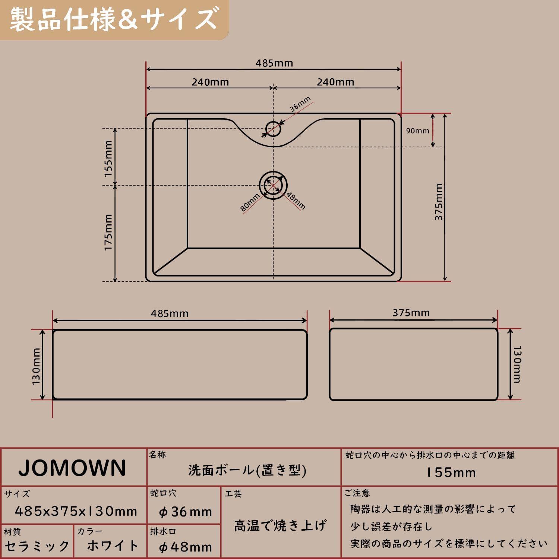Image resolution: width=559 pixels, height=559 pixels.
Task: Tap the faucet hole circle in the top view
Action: (x=273, y=129)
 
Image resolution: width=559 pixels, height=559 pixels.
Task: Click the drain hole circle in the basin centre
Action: (x=273, y=185)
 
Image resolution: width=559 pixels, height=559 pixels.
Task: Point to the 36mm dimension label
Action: (x=300, y=104)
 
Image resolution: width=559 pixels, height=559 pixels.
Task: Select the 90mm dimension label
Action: (x=417, y=131)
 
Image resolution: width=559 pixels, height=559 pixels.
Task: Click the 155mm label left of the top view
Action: (x=108, y=158)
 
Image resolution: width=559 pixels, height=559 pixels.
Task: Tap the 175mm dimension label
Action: (x=108, y=232)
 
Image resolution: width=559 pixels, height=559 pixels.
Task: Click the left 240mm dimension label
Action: (x=210, y=82)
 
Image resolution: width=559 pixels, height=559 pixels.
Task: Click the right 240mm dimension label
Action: (x=335, y=82)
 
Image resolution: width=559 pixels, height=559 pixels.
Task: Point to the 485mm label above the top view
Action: (x=274, y=63)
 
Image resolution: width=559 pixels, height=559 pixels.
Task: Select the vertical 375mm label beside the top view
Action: (x=439, y=202)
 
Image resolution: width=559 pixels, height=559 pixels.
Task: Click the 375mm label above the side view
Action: (x=411, y=313)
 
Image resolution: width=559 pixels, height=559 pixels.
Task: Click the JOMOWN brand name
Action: (x=72, y=468)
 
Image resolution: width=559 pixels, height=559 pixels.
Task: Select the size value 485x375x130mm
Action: (x=76, y=511)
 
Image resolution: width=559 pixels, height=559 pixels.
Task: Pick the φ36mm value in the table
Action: (x=185, y=512)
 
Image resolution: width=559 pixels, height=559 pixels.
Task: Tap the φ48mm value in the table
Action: (x=185, y=547)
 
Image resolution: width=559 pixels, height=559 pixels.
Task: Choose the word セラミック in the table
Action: (x=37, y=546)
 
